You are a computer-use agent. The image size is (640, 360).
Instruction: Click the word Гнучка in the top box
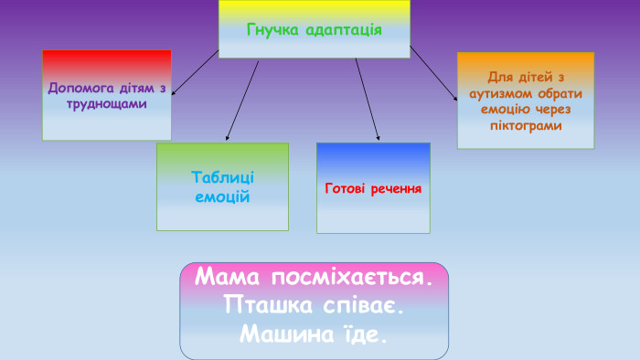(x=272, y=28)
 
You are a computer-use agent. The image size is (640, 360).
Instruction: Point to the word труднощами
(x=107, y=103)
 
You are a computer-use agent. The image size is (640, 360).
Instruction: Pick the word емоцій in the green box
(x=222, y=196)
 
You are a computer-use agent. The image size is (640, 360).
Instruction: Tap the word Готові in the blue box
(x=347, y=188)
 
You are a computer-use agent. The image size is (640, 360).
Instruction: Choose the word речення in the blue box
(x=396, y=188)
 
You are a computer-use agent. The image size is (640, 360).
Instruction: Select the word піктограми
(x=525, y=124)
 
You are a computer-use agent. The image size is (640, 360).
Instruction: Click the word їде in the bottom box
(x=366, y=334)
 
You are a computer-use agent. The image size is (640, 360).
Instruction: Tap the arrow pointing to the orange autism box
(x=433, y=72)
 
